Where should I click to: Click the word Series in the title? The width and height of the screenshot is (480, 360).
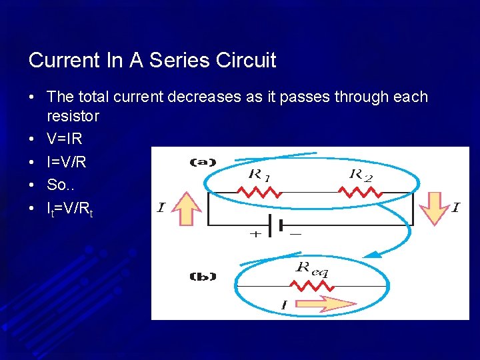(178, 61)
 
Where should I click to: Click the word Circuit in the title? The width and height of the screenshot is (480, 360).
(246, 61)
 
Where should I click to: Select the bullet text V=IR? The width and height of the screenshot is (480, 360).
(65, 139)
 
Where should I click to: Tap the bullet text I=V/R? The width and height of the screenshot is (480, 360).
(67, 162)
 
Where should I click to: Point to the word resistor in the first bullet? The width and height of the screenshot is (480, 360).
(73, 117)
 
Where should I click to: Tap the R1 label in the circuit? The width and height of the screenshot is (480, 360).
(259, 175)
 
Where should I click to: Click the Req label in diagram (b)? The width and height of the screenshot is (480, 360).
(311, 269)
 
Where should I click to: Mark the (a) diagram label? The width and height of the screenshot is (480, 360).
(203, 162)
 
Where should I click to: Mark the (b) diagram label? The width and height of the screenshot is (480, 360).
(203, 276)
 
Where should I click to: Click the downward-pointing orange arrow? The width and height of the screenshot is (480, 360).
(430, 207)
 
